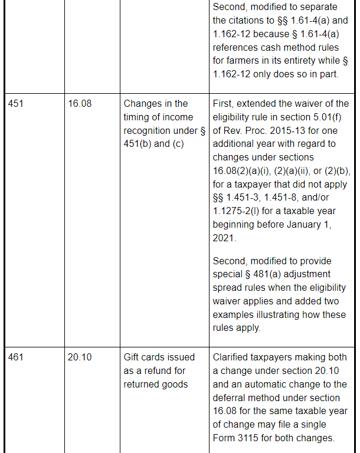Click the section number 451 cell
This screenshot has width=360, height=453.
pos(16,104)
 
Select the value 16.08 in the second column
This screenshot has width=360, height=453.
pos(80,104)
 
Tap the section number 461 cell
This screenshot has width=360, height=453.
pos(16,357)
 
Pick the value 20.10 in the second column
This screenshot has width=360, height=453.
pos(80,357)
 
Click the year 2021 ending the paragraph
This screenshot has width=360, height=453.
pos(224,238)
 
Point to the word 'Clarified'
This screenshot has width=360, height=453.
pos(233,357)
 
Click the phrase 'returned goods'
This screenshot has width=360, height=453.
pos(155,384)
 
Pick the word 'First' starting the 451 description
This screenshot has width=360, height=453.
pos(223,104)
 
